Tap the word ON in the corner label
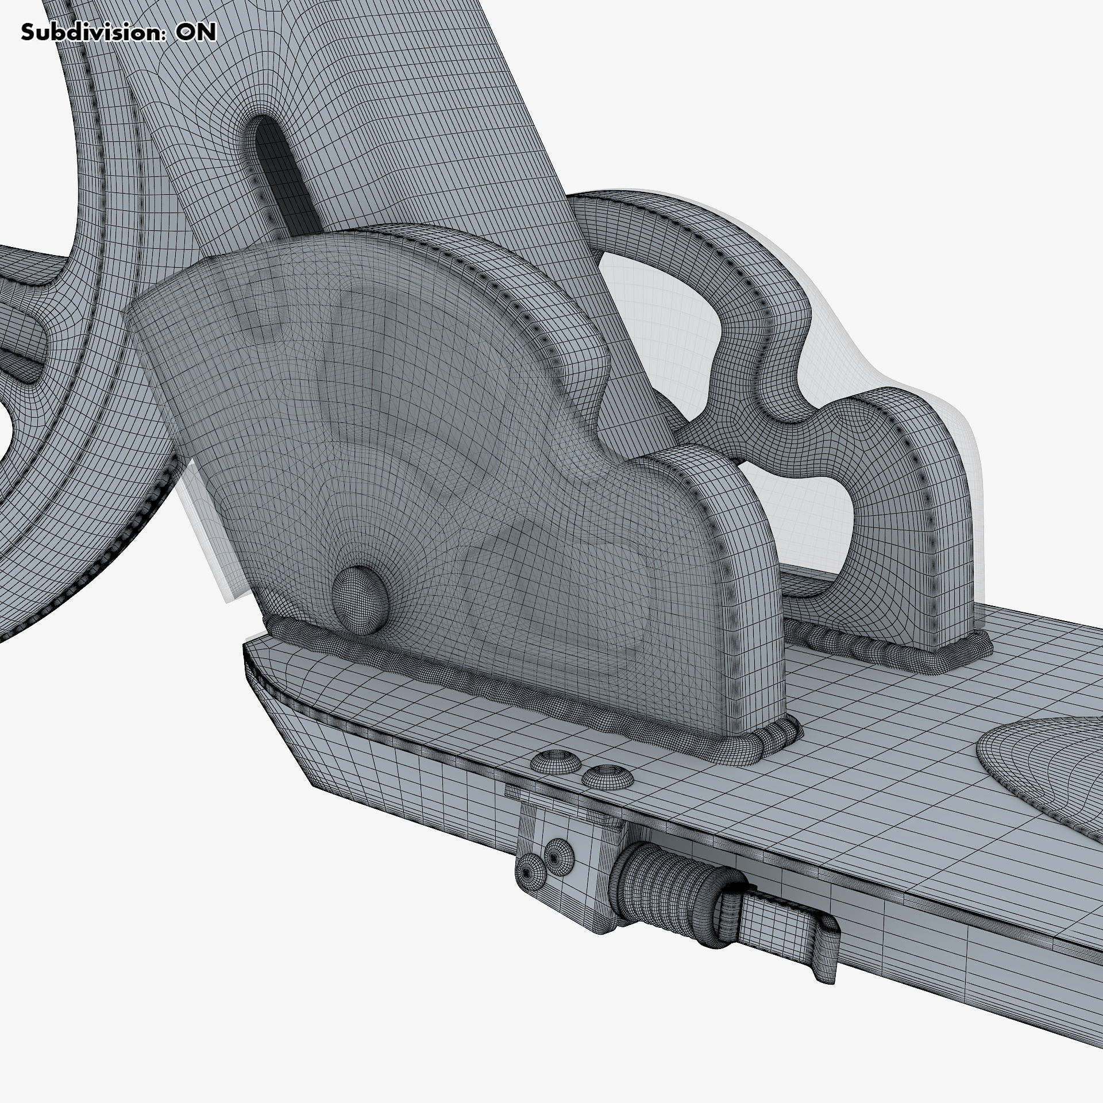196,33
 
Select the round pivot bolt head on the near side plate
359,592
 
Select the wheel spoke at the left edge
23,345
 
